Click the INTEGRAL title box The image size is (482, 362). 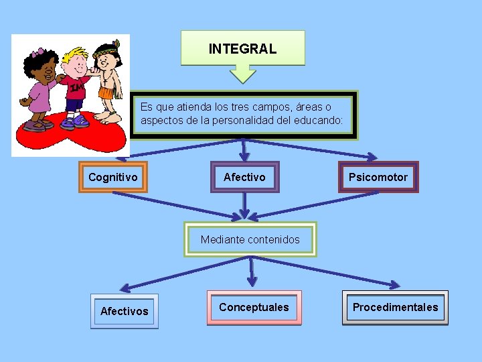tap(242, 48)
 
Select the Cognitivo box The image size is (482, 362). tap(113, 177)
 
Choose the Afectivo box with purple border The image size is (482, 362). tap(244, 177)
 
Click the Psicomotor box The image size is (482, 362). tap(378, 177)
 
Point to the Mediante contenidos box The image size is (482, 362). tap(250, 239)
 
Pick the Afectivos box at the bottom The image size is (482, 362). tap(125, 311)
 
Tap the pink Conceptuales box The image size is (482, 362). tap(254, 307)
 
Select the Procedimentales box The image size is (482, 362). tap(395, 307)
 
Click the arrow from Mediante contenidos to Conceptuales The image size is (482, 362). tap(252, 271)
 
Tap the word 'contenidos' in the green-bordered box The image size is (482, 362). tap(273, 239)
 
